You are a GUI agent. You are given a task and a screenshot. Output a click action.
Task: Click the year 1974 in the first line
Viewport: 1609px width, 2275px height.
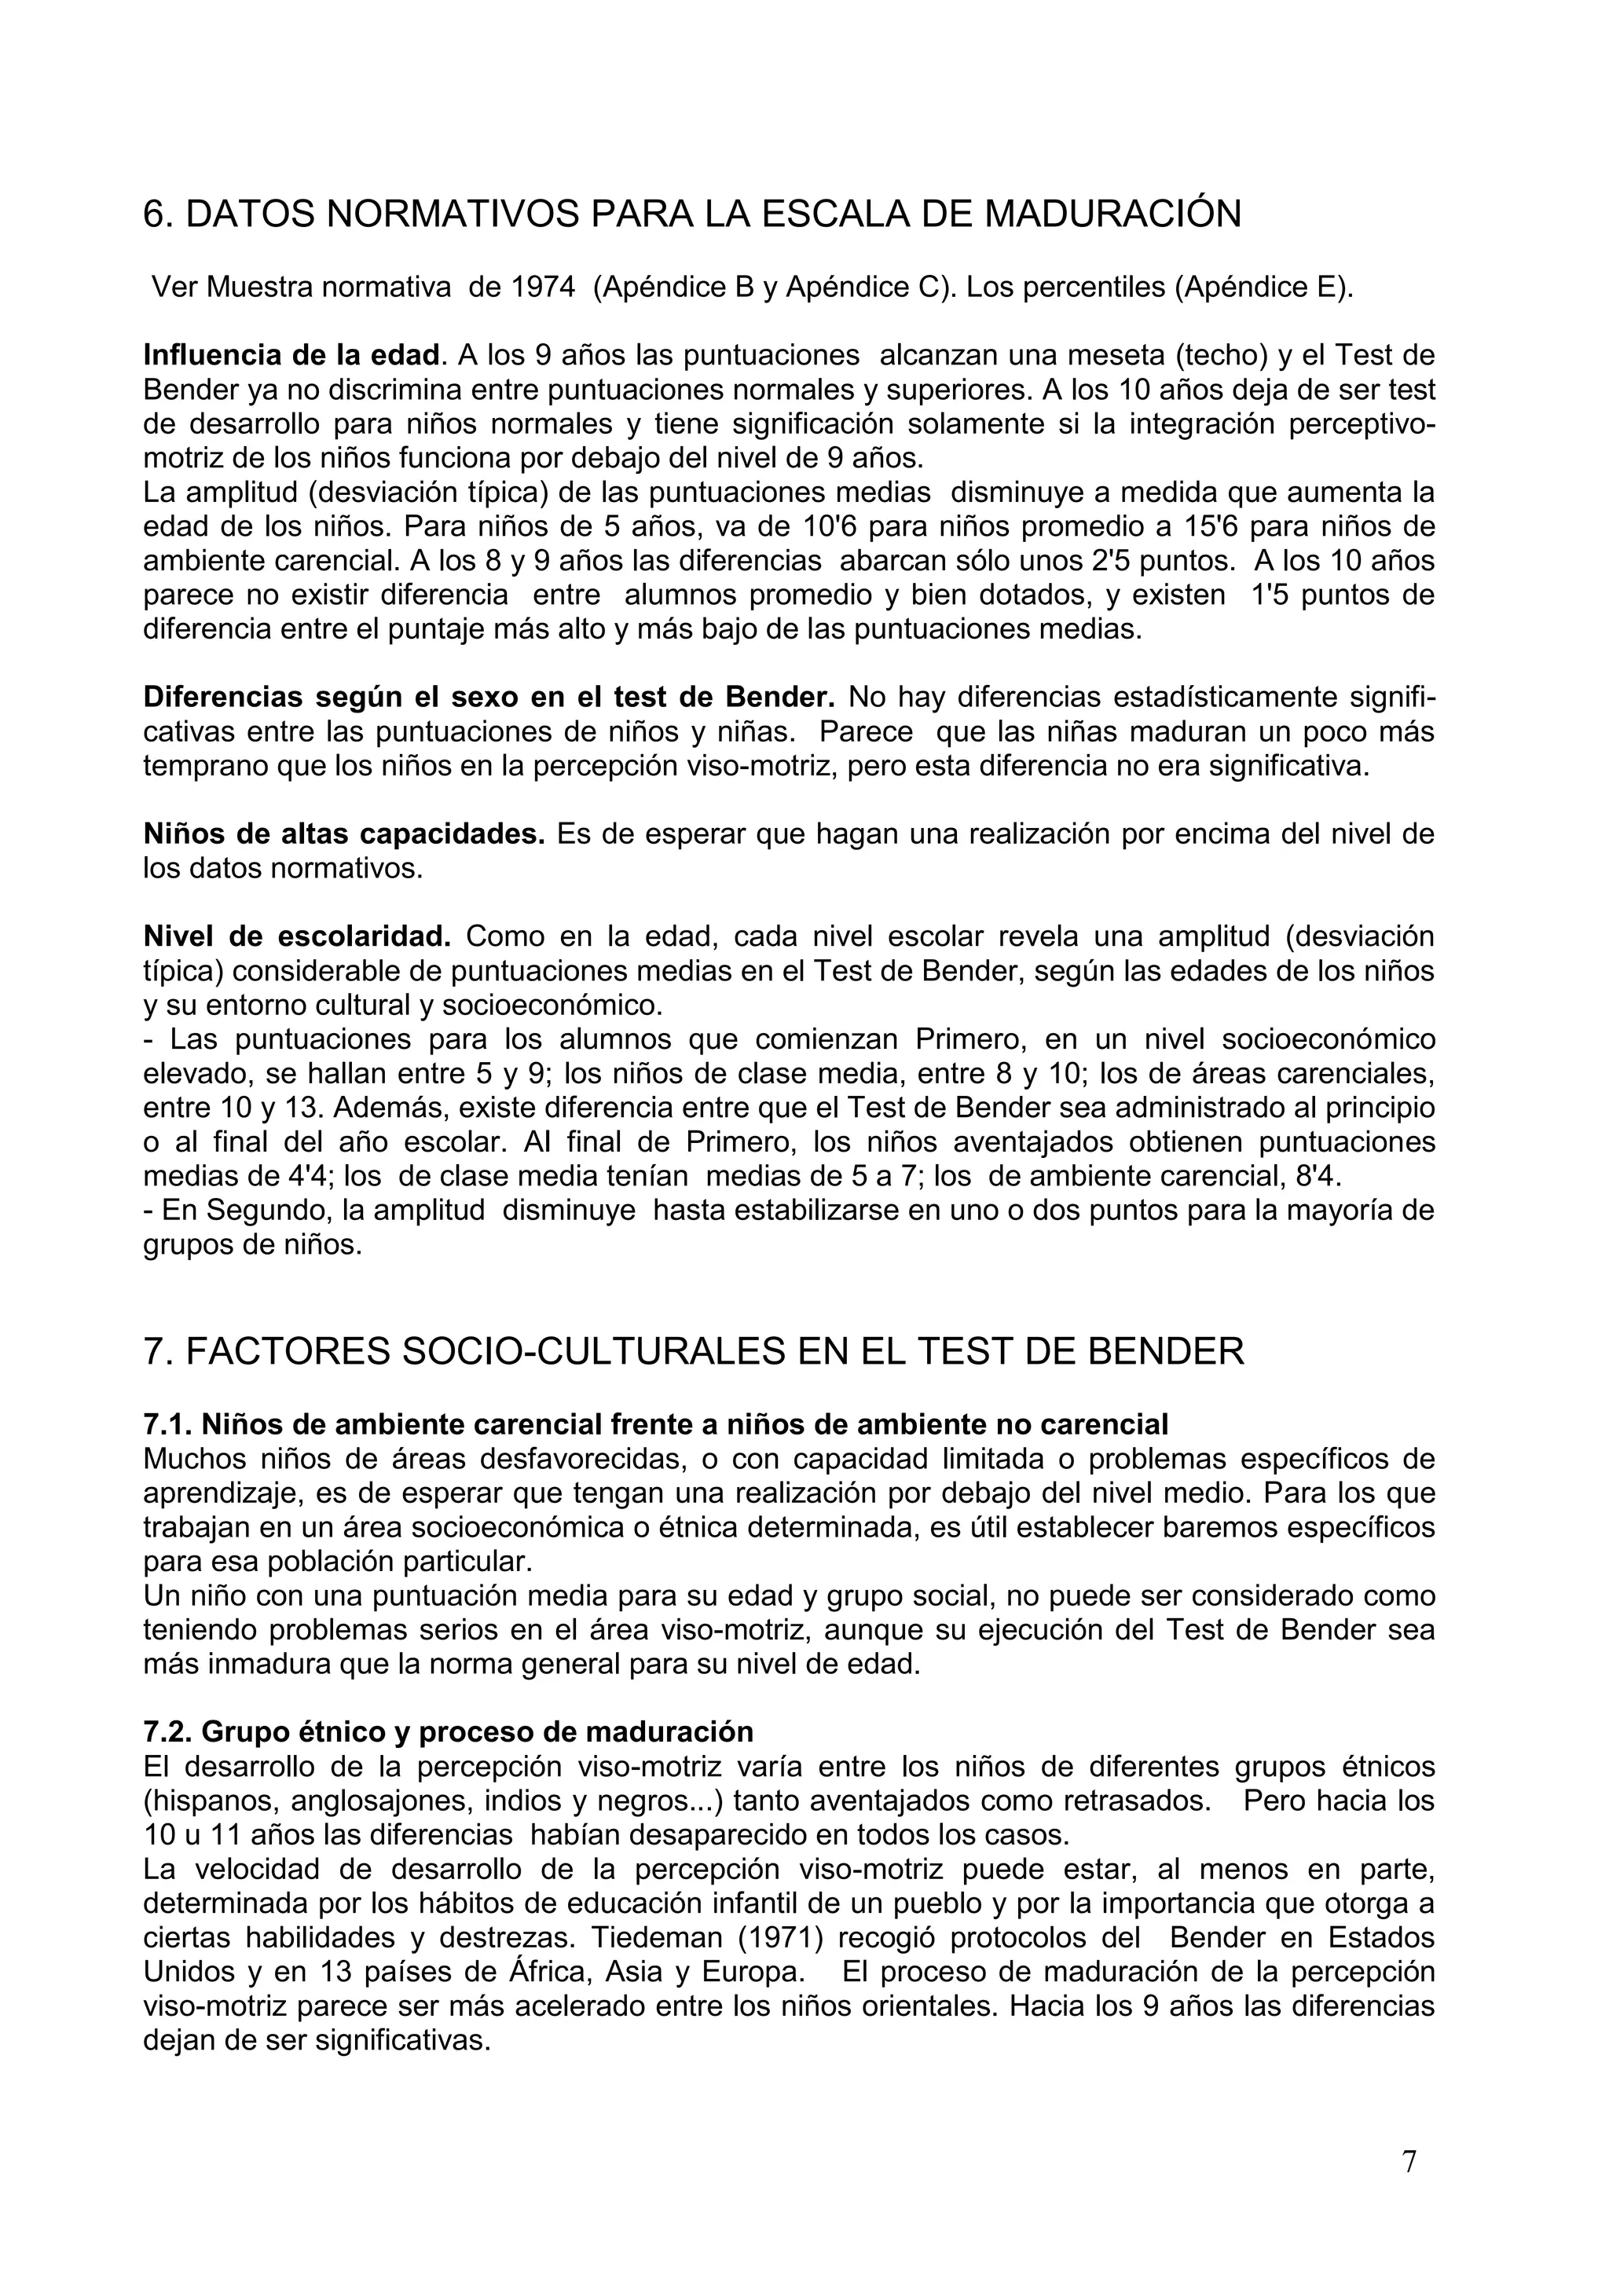(x=543, y=288)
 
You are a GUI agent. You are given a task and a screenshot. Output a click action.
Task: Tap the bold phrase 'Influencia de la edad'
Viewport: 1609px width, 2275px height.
(x=290, y=355)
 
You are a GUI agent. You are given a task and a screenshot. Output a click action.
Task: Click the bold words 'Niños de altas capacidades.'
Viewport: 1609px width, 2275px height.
(x=344, y=834)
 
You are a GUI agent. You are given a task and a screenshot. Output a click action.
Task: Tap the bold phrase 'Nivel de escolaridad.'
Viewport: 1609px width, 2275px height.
(x=297, y=936)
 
